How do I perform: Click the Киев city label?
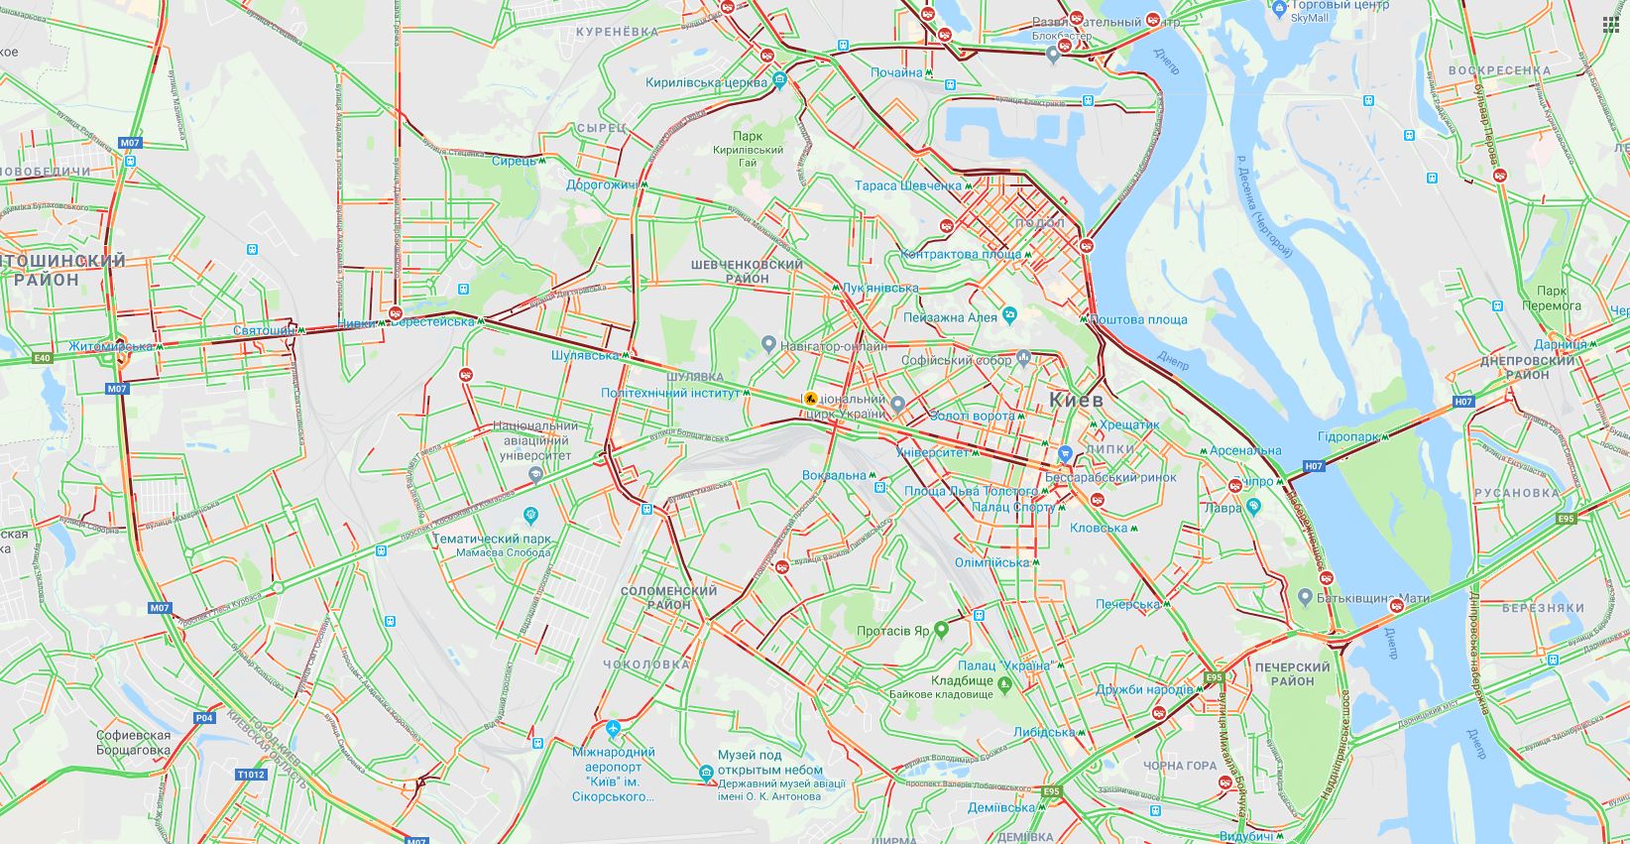(x=1076, y=401)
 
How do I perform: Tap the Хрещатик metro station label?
(x=1128, y=424)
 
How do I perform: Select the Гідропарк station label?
(x=1351, y=437)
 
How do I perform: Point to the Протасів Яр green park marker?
(x=941, y=630)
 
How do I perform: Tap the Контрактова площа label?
(x=961, y=254)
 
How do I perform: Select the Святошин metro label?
(x=263, y=330)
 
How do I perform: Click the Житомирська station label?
(x=111, y=346)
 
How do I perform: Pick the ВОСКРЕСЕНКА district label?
(x=1499, y=70)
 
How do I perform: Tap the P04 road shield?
(x=204, y=717)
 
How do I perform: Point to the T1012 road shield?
(x=251, y=775)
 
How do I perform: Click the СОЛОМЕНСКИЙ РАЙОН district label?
(x=668, y=597)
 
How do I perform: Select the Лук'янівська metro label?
(x=879, y=288)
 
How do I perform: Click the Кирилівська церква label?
(x=706, y=83)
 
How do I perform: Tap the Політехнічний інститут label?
(x=670, y=393)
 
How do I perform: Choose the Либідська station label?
(x=1044, y=733)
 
